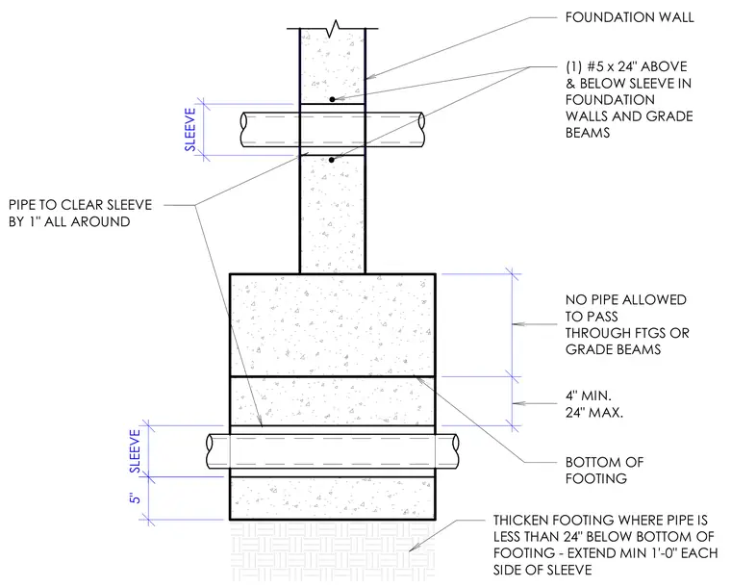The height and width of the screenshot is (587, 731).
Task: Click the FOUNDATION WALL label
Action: point(629,17)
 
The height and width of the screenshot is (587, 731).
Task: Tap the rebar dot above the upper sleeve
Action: point(333,99)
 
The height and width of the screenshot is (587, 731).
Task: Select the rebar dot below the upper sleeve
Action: point(332,160)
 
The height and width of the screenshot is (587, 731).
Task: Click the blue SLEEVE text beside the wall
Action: point(190,130)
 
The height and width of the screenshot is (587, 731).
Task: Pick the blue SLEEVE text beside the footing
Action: point(135,451)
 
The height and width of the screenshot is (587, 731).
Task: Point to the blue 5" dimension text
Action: point(135,498)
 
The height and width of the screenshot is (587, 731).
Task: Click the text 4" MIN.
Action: point(589,396)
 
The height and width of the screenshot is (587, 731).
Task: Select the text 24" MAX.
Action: point(594,412)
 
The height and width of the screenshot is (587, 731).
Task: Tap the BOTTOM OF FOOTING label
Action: point(605,470)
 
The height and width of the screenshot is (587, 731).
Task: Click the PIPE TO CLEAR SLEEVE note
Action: point(80,213)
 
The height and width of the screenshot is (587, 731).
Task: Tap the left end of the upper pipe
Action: point(243,129)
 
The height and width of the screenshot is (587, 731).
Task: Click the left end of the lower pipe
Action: point(211,451)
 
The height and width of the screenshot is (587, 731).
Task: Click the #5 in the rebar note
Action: point(594,66)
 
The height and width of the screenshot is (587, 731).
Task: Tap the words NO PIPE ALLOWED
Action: point(626,300)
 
